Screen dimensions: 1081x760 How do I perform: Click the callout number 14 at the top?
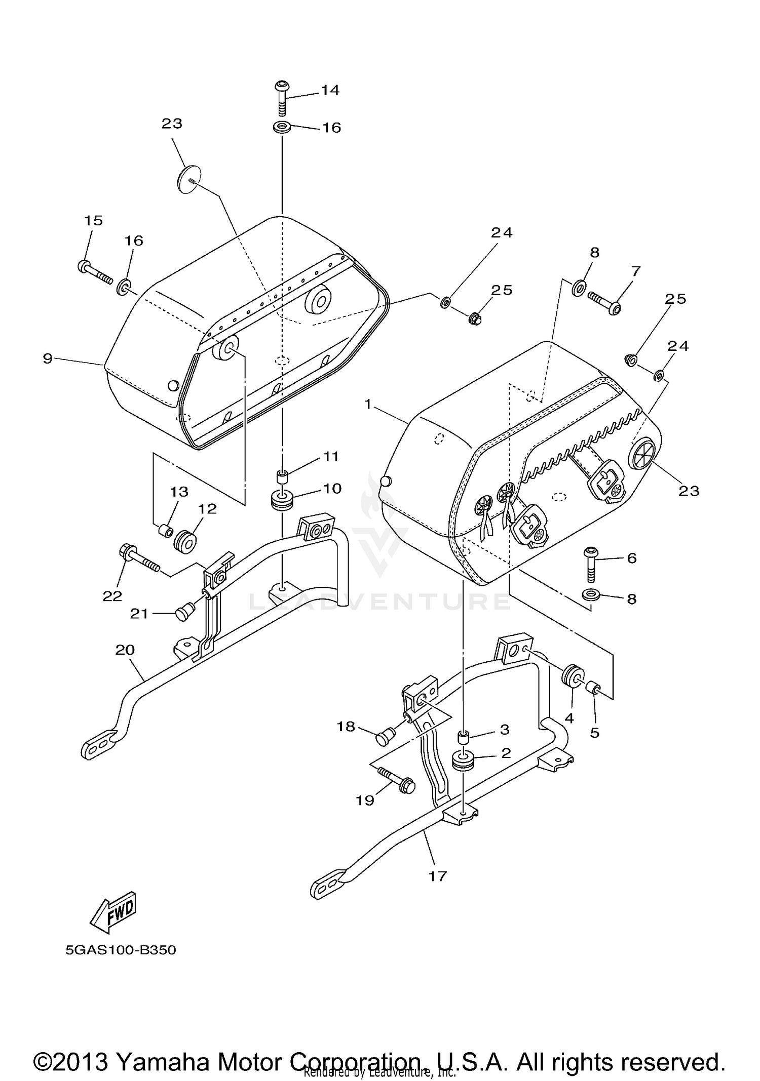pyautogui.click(x=329, y=90)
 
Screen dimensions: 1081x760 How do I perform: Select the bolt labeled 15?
pyautogui.click(x=95, y=271)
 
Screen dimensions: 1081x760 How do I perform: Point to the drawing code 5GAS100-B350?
pyautogui.click(x=121, y=950)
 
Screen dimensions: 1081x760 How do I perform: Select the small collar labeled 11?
pyautogui.click(x=282, y=477)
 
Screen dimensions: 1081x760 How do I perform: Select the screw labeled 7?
pyautogui.click(x=604, y=302)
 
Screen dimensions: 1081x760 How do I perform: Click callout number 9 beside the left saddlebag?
pyautogui.click(x=48, y=359)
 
